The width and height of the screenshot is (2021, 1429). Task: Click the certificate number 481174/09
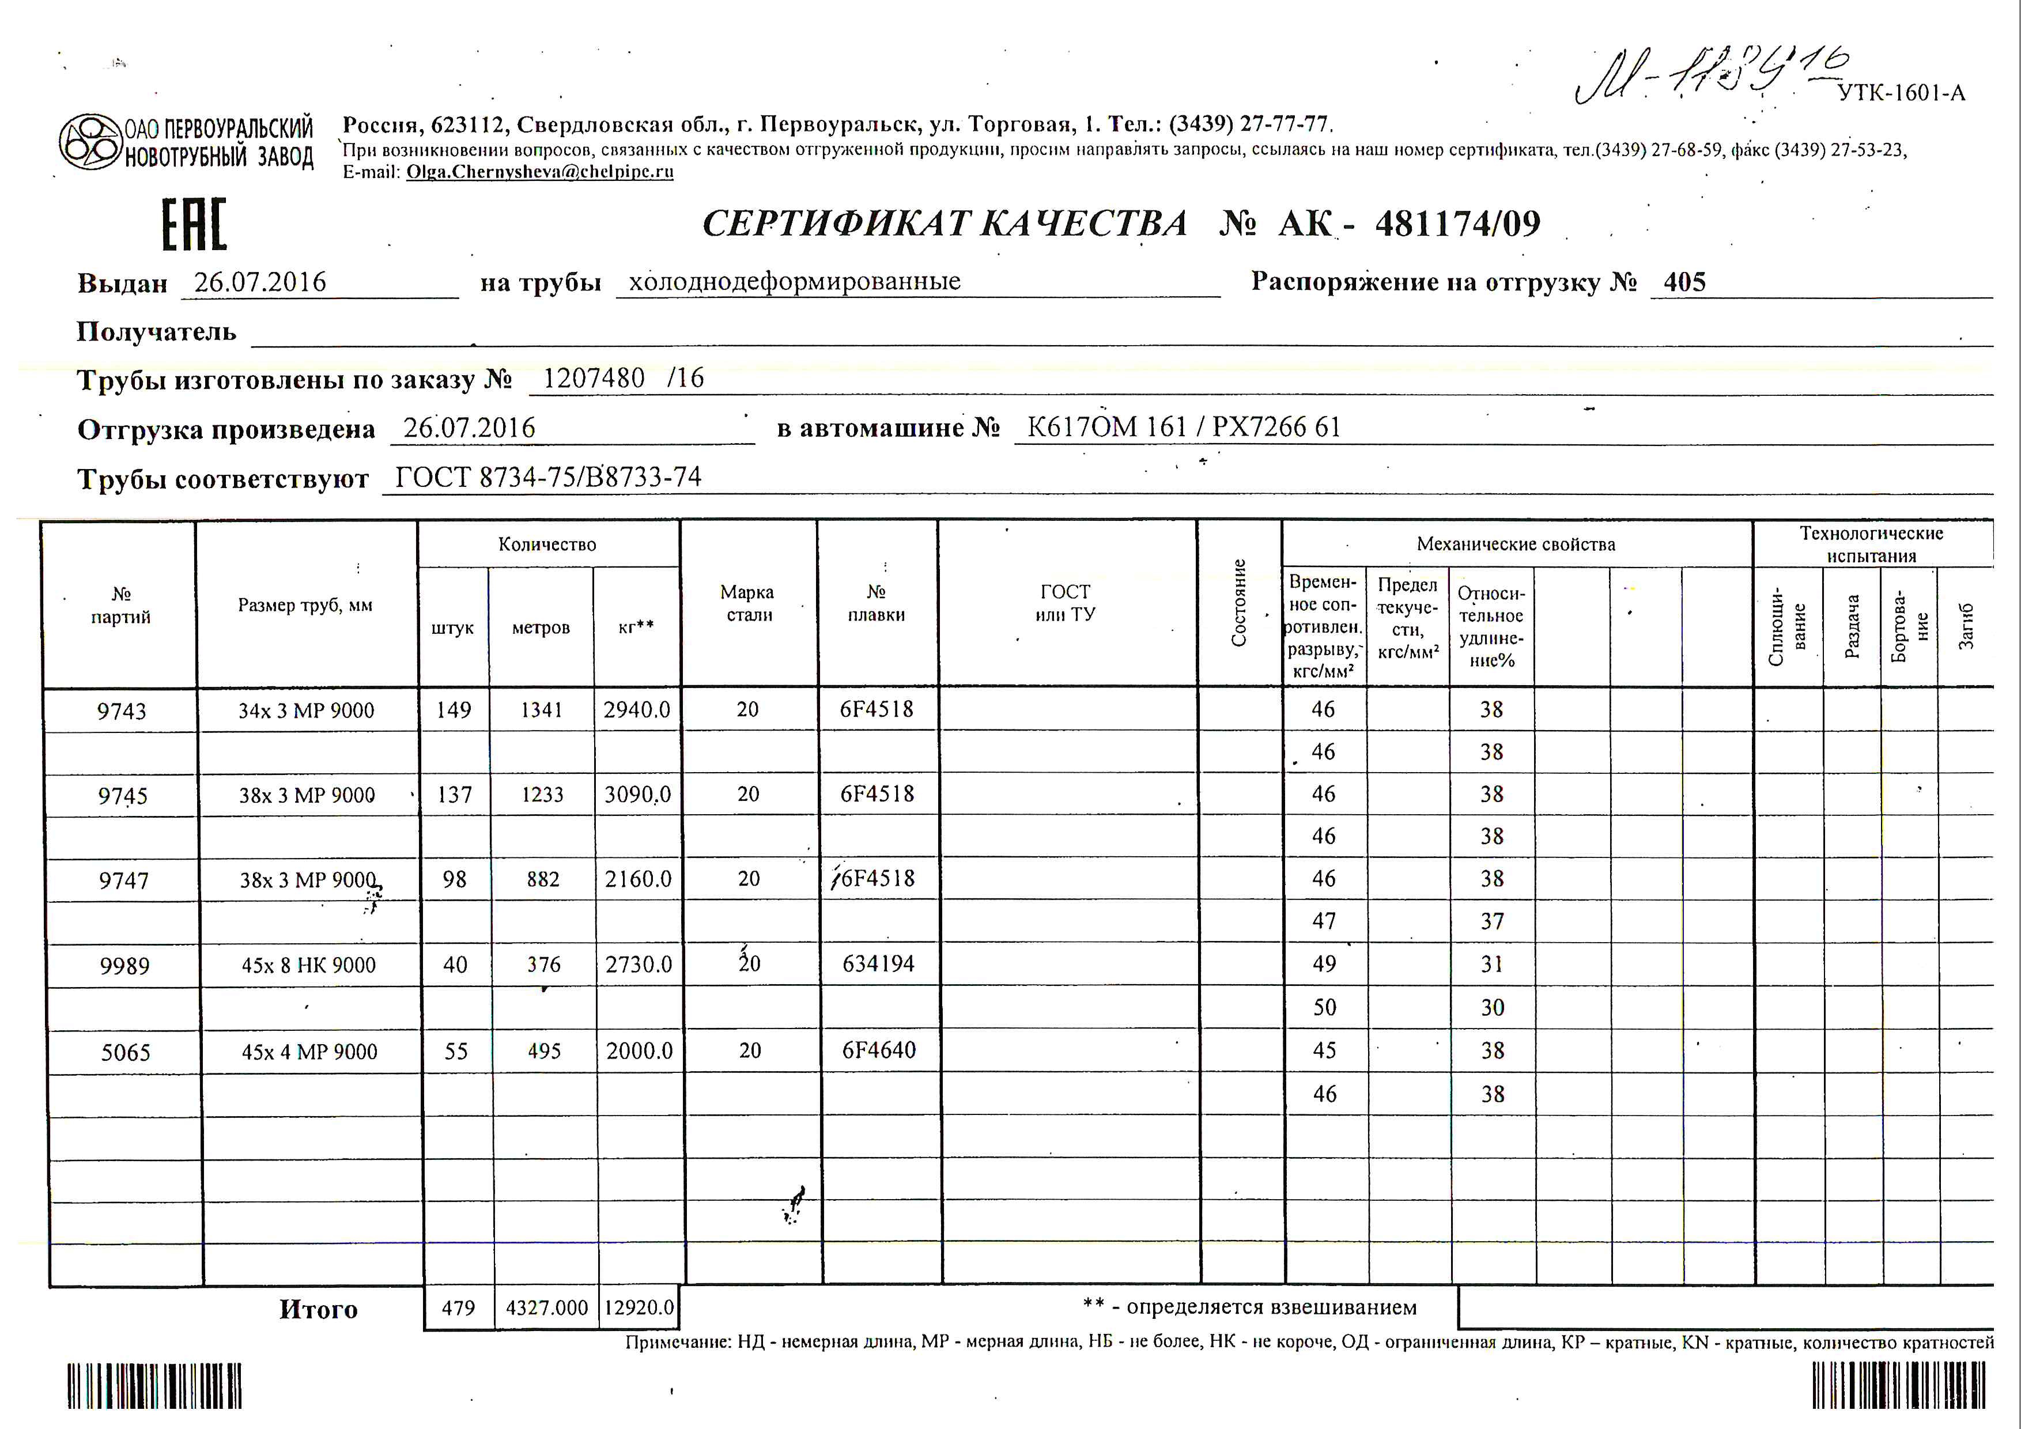(x=1457, y=224)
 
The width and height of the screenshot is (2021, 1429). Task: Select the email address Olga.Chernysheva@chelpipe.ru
(x=539, y=172)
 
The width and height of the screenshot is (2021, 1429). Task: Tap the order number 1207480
(x=594, y=379)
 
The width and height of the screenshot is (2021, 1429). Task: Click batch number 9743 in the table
(x=122, y=711)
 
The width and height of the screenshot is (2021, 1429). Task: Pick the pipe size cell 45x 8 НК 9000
(x=309, y=965)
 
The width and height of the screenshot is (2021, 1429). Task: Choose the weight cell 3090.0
(x=637, y=795)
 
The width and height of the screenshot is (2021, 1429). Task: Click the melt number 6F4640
(x=878, y=1050)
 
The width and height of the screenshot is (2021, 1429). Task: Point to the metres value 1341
(x=541, y=710)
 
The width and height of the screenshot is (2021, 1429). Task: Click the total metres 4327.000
(x=547, y=1307)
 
